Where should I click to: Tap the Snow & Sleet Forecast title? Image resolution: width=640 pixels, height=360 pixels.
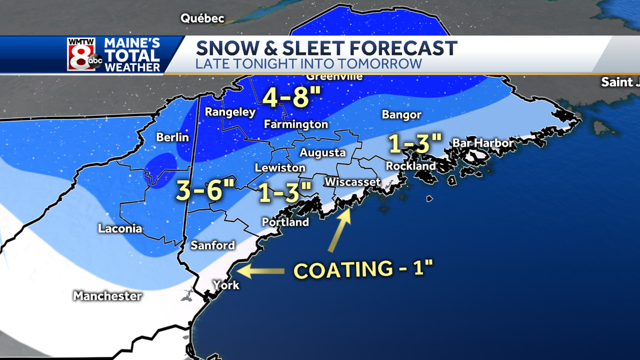click(x=326, y=48)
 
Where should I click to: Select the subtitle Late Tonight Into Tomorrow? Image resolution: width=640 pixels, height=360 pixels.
click(x=309, y=64)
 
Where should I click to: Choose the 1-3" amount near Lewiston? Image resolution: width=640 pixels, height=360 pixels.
click(x=284, y=192)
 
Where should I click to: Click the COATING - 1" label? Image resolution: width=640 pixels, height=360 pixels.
click(x=363, y=270)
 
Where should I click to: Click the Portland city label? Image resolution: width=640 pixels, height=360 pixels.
click(x=285, y=222)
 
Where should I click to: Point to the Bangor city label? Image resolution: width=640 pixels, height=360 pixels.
click(x=402, y=115)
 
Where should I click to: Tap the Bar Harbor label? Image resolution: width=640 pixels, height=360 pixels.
click(x=483, y=143)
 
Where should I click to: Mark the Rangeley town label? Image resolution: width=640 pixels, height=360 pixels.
click(x=230, y=112)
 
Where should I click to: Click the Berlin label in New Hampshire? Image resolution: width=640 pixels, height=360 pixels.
click(x=172, y=138)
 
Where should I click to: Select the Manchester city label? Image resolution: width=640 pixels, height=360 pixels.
click(x=107, y=295)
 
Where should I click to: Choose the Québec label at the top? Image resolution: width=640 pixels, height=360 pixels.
click(x=202, y=18)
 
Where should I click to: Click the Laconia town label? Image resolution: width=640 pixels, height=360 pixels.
click(x=120, y=229)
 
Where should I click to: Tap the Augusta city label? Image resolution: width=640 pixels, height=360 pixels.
click(x=322, y=153)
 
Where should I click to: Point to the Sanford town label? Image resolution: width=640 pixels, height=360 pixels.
click(x=213, y=245)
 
